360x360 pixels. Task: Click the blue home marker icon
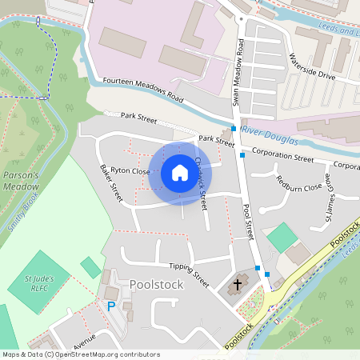180,173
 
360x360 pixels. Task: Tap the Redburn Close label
299,186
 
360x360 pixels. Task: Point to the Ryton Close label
130,170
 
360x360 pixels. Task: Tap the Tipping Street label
189,274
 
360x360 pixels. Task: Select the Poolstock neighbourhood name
157,285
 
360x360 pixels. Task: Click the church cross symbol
237,284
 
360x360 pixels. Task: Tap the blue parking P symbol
111,306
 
